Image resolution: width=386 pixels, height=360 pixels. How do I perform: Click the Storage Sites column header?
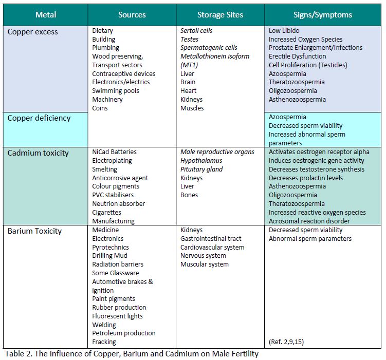pos(220,15)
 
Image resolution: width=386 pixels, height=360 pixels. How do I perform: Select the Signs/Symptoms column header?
pos(323,15)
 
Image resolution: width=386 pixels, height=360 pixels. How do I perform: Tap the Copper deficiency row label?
pos(39,118)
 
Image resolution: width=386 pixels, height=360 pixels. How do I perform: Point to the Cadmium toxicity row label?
pos(39,153)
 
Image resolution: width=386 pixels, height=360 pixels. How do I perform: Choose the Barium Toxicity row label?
pos(34,231)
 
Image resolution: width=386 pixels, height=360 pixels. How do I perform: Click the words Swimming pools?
pos(116,91)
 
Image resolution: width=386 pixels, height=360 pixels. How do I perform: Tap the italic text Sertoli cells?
pos(196,31)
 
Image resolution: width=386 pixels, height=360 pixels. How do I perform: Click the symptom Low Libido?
pos(284,31)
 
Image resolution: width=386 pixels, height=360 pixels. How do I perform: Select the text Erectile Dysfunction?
pos(298,56)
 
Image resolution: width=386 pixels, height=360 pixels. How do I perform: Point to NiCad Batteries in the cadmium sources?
pos(114,152)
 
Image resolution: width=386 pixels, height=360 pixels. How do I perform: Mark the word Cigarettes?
pos(107,213)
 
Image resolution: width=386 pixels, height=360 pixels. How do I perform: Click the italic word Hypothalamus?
pos(201,161)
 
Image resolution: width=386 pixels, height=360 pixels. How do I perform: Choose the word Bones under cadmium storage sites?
pos(189,195)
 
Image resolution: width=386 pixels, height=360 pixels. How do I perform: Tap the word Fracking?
pos(104,342)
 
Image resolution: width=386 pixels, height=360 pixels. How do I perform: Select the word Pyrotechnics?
pos(111,247)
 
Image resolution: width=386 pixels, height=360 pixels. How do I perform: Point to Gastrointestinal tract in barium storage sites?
pos(211,239)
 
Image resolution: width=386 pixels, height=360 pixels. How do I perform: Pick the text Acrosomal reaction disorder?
pos(309,221)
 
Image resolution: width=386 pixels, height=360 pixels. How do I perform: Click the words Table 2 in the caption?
pos(20,353)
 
